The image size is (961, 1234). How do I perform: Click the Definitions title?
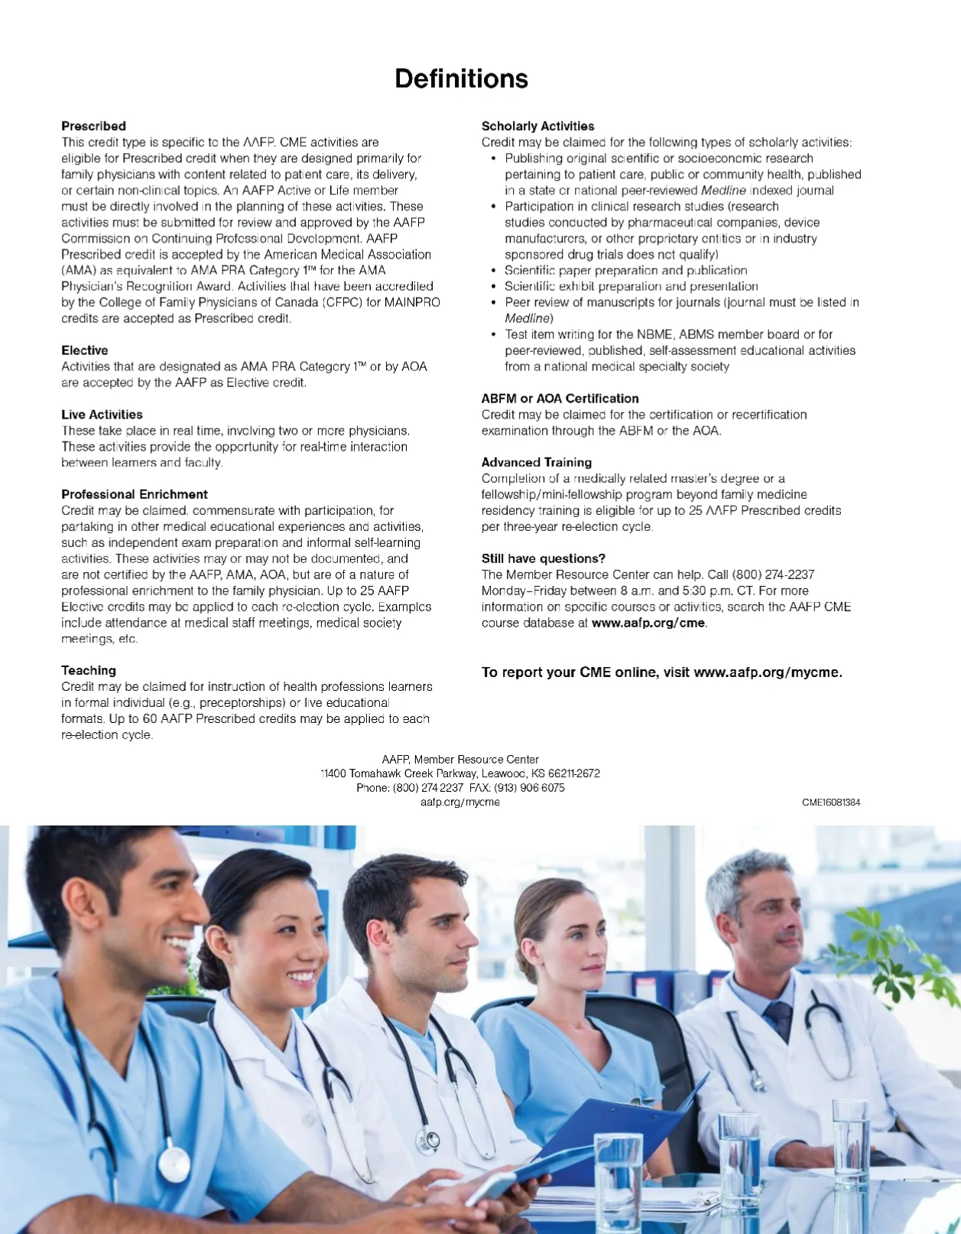(461, 79)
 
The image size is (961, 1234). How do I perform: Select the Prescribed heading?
(93, 126)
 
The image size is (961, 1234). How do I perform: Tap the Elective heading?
(84, 350)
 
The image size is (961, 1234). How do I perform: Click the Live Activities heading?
(102, 415)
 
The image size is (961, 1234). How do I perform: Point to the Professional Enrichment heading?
(135, 494)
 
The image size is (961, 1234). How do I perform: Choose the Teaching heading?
(89, 670)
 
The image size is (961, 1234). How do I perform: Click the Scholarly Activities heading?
(537, 126)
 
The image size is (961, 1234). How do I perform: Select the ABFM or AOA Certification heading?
(560, 399)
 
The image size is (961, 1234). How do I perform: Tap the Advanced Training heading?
(536, 462)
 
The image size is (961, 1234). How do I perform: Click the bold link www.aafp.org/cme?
(648, 623)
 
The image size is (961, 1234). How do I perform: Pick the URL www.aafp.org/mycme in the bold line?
(767, 672)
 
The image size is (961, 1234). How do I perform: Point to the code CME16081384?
(831, 803)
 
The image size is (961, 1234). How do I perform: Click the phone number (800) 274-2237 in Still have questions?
(773, 575)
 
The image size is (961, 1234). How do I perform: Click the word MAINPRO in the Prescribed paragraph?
(412, 302)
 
